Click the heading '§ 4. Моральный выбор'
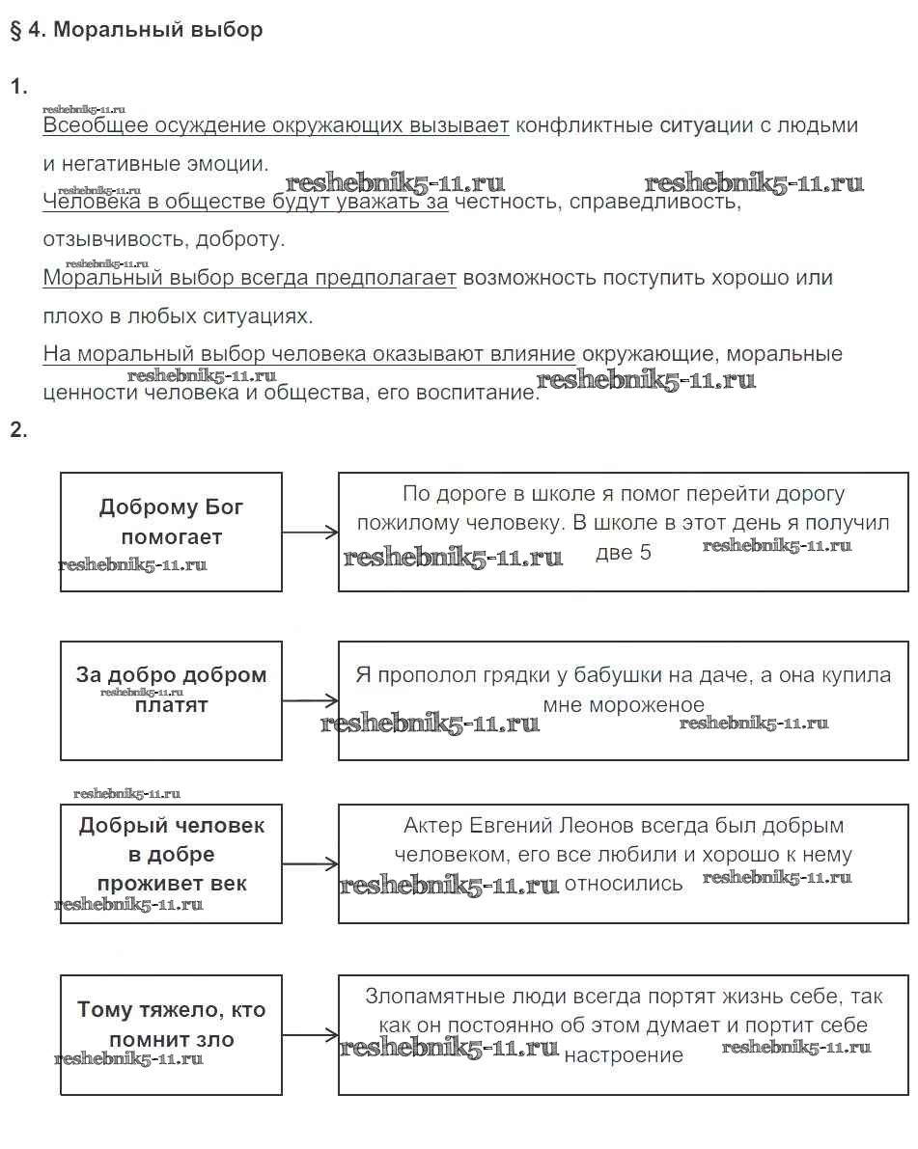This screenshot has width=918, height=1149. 136,30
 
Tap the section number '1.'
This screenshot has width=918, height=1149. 19,88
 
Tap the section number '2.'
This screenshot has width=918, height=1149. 19,430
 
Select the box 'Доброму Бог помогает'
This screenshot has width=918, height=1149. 171,531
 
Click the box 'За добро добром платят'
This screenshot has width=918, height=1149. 171,699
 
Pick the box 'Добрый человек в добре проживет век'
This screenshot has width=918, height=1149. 171,862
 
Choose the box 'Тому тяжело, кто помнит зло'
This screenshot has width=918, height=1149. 171,1034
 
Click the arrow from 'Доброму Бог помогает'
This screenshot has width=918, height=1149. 310,533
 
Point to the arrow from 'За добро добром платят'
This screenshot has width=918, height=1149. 310,700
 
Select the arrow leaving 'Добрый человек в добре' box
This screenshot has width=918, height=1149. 310,864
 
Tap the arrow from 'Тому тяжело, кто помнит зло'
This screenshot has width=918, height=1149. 310,1036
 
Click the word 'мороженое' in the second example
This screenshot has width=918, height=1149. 624,705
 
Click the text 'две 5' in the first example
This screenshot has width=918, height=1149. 624,553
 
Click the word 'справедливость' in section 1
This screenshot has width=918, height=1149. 665,203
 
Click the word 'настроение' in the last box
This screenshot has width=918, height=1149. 624,1055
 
